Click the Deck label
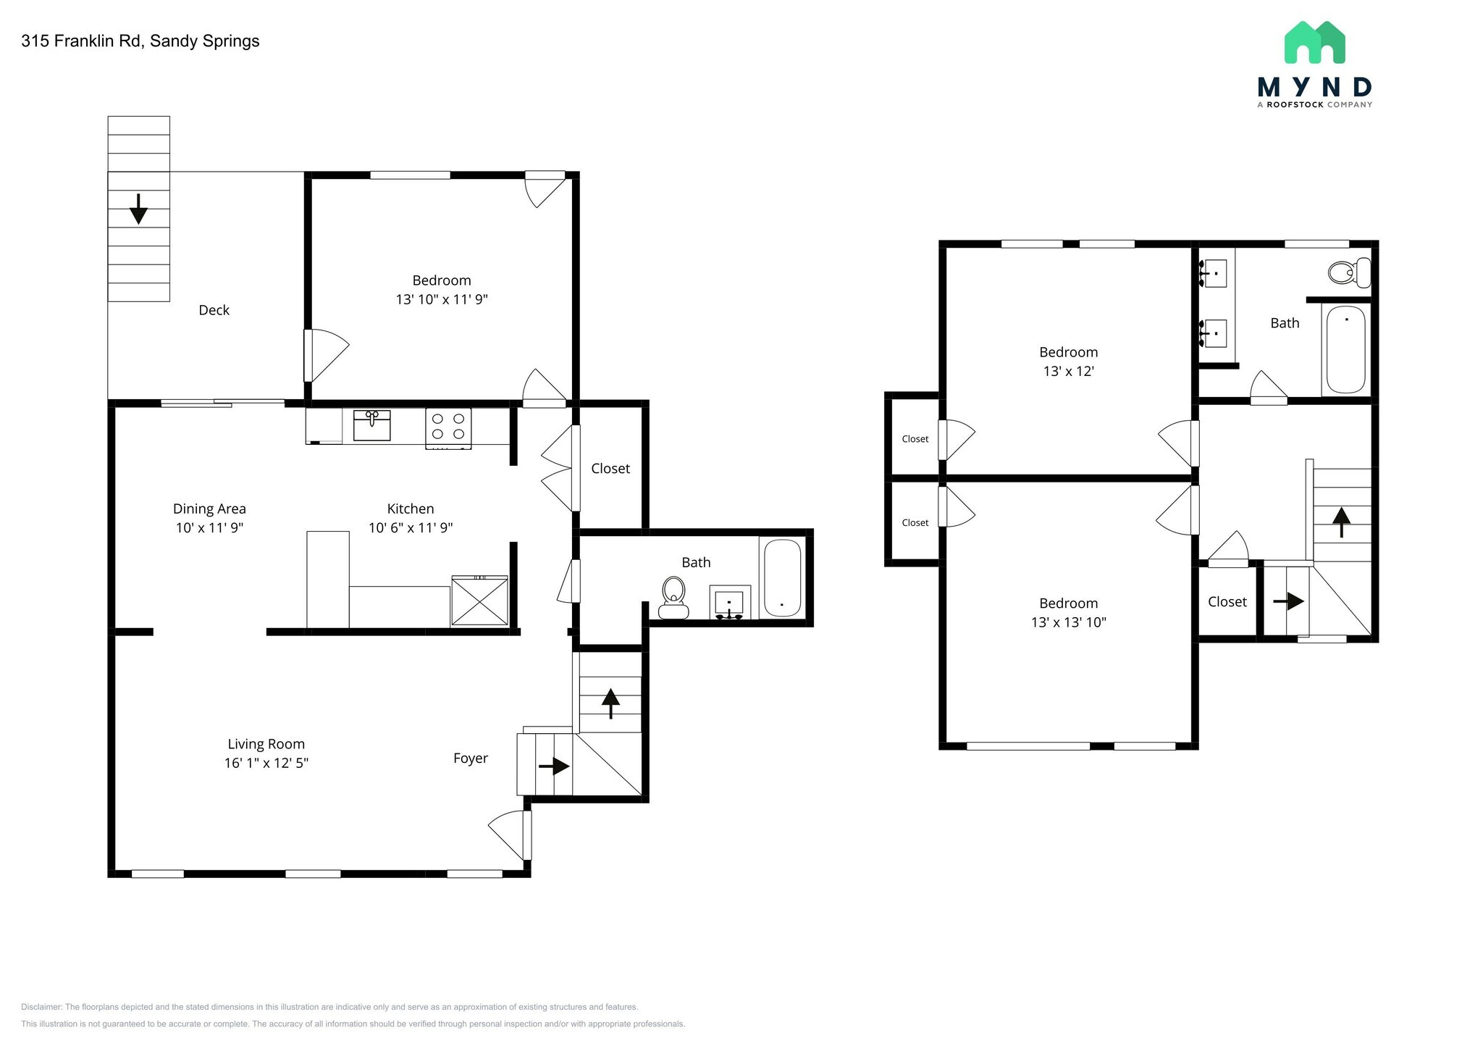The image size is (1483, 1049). point(214,310)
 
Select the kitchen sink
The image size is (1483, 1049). point(371,425)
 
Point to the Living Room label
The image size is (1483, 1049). point(266,744)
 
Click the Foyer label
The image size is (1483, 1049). point(471,758)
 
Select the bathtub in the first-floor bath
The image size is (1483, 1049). point(782,577)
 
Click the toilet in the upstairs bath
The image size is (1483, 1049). point(1349,273)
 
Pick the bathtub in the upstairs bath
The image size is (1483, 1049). point(1345,349)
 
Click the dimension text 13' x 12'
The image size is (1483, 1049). point(1068,372)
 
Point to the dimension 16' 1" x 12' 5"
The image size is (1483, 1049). point(266,763)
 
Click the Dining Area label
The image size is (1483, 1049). point(209,509)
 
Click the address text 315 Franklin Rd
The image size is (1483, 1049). point(83,41)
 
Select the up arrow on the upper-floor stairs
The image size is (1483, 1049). point(1341,522)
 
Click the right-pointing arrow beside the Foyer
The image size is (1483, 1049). point(555,766)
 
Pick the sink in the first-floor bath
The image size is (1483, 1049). point(729,603)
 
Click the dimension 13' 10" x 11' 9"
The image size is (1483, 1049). point(442,300)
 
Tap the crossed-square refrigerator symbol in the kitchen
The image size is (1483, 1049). point(479,601)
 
